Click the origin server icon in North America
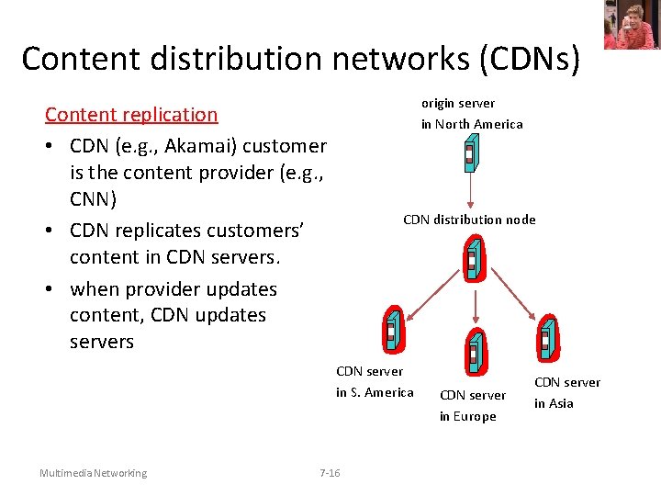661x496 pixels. [x=470, y=154]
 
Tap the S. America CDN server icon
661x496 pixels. [x=391, y=328]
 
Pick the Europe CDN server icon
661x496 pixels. [x=475, y=349]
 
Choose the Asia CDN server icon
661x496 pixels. [x=546, y=337]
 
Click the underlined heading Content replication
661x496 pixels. [x=131, y=115]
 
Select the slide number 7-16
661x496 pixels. [x=329, y=473]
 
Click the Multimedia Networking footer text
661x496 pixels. [x=93, y=473]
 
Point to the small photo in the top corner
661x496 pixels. [x=631, y=25]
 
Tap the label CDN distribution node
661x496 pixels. [x=469, y=220]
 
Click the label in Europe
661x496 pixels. [x=467, y=416]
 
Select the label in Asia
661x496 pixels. [x=554, y=403]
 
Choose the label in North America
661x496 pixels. [x=472, y=124]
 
